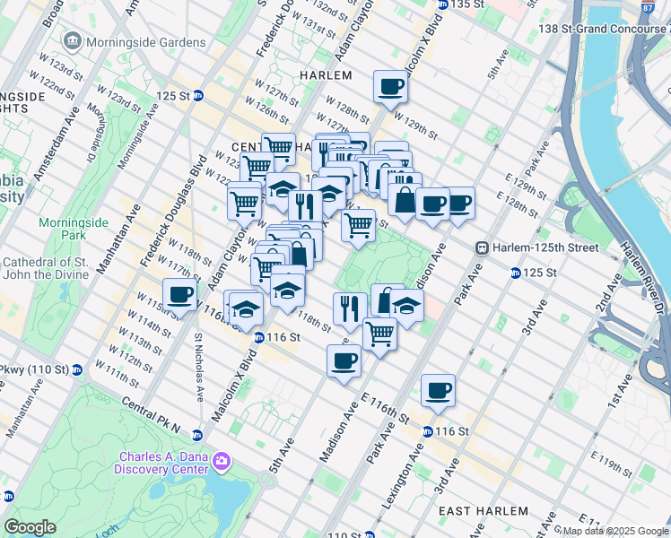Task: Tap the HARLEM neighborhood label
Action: pos(326,76)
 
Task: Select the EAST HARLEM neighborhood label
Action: pos(484,510)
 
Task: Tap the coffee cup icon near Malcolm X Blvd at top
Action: pos(390,88)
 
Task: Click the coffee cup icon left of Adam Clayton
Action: pos(179,294)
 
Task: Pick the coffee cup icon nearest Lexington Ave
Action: pos(438,391)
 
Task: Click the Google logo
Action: pos(30,527)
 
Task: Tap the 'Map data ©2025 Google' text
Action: pos(610,531)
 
